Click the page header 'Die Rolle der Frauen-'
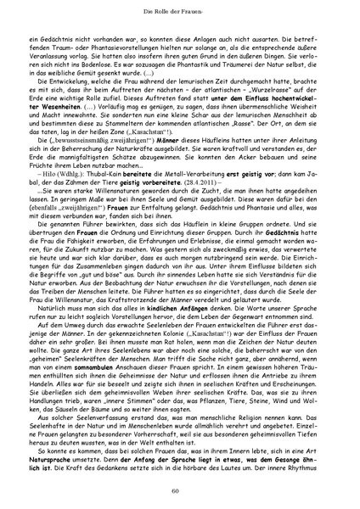pos(180,11)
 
